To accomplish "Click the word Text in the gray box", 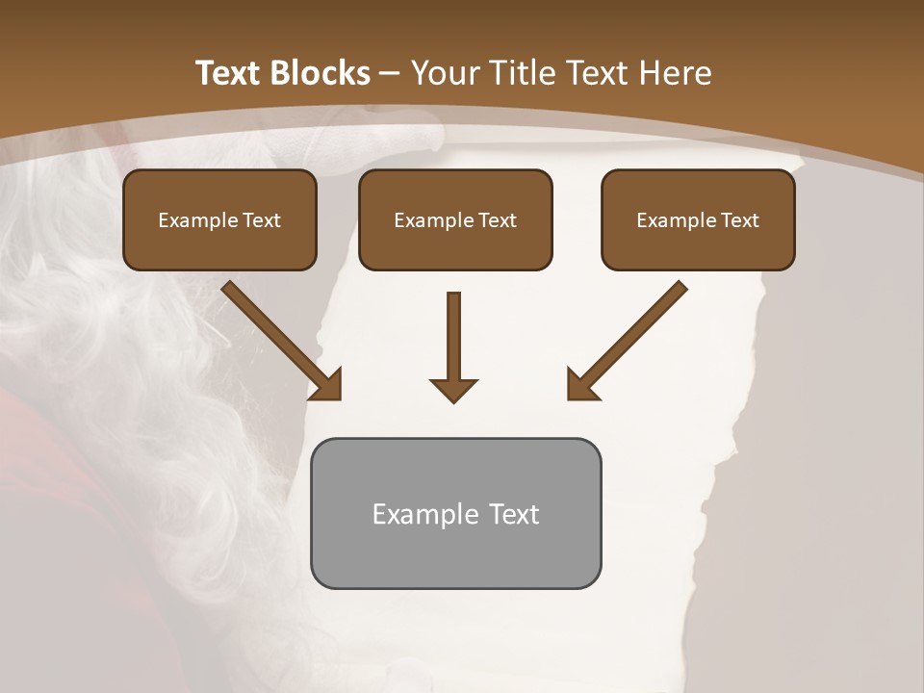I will tap(514, 514).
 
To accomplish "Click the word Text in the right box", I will tap(739, 220).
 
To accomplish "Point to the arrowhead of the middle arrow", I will tap(453, 389).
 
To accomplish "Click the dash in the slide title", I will tap(390, 73).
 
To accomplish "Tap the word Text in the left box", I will tap(262, 220).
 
